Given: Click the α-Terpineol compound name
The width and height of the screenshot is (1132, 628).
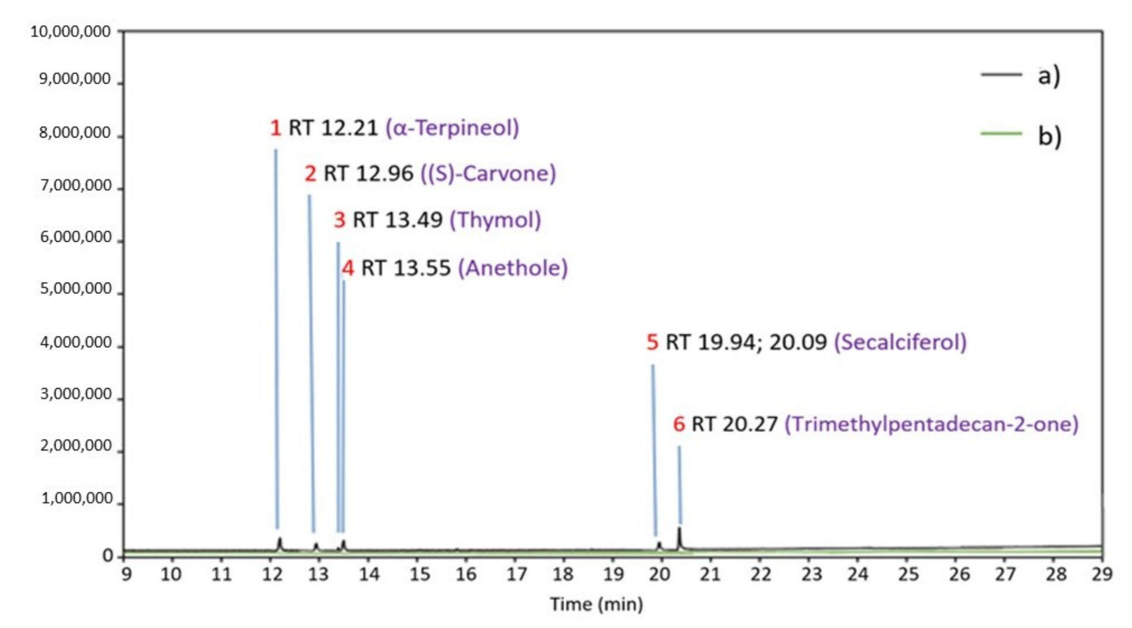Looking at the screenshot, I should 452,128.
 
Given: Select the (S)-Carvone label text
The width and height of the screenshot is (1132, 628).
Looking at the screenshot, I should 488,173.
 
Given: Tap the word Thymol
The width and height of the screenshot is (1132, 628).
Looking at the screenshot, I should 495,220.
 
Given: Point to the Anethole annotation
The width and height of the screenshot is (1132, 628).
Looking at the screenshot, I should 513,268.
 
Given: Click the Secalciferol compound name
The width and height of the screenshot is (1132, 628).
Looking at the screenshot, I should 900,342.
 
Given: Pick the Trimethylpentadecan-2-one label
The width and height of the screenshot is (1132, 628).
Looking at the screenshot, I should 931,424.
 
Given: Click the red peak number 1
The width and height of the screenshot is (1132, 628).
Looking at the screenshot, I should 275,128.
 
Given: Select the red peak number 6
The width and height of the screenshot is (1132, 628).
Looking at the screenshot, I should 678,424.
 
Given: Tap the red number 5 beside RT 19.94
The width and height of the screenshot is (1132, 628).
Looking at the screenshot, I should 652,342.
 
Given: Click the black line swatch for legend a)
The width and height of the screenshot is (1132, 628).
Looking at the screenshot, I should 1001,75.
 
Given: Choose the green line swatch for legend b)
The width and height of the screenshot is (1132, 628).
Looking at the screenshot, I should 1001,133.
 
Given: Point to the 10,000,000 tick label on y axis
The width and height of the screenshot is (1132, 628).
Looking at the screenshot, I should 70,32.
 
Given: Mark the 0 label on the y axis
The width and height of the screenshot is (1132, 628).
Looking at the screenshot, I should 108,555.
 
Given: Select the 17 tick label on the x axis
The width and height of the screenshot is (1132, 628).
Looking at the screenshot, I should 516,574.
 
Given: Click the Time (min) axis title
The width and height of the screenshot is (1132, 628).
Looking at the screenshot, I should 596,604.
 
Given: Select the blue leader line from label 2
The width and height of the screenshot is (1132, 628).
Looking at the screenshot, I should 311,363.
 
